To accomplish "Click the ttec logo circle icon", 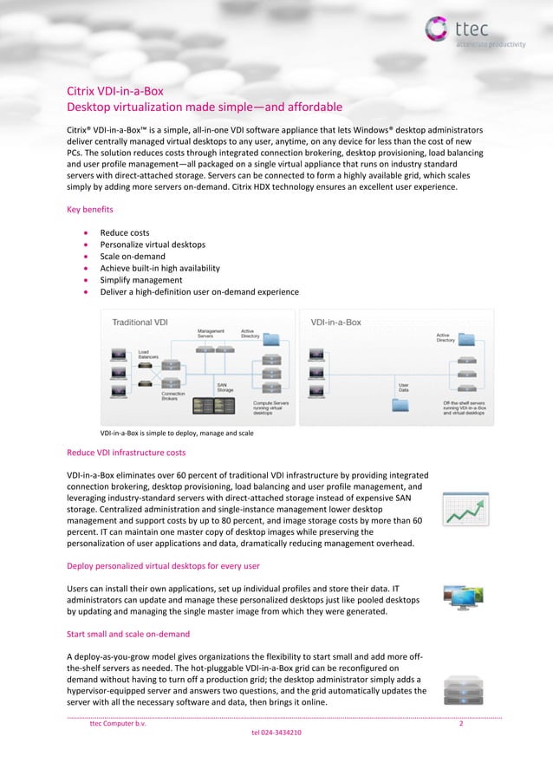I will (x=438, y=28).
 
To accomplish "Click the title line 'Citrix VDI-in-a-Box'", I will (x=115, y=90).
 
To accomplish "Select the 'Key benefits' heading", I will (x=90, y=209).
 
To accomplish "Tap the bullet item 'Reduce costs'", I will (x=125, y=232).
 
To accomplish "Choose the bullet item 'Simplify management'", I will (x=141, y=280).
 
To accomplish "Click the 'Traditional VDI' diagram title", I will (x=140, y=322).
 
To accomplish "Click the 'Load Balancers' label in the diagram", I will (x=149, y=354).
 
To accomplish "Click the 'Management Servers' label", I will (x=211, y=333).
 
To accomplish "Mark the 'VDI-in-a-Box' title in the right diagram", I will (x=336, y=322).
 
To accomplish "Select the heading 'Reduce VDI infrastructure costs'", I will (x=127, y=453).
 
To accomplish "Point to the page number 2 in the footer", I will (x=461, y=724).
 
